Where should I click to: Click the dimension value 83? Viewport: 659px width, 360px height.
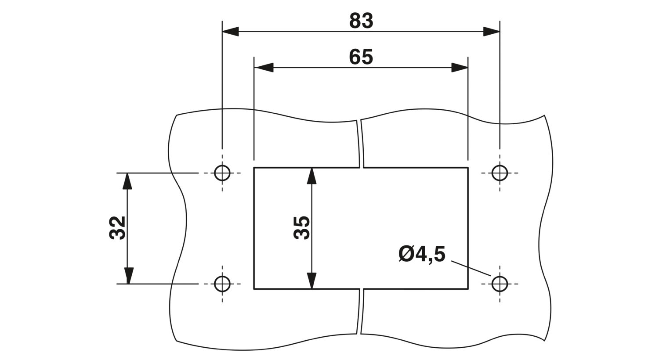click(361, 21)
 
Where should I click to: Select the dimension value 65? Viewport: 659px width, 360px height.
click(361, 57)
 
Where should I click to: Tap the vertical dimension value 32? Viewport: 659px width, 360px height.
click(118, 228)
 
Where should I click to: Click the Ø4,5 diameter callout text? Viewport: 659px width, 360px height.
click(422, 255)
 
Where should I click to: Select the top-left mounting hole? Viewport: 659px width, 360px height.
click(222, 173)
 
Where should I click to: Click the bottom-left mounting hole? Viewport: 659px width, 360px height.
click(222, 284)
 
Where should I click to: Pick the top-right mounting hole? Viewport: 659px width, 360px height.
click(500, 173)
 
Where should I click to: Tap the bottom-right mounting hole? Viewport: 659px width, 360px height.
click(500, 284)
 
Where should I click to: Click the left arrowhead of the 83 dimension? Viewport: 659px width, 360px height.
click(230, 32)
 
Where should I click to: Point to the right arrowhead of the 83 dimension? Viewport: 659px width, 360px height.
click(492, 32)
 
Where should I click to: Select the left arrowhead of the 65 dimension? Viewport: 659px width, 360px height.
click(264, 68)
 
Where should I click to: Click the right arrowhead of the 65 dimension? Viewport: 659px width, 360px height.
click(459, 68)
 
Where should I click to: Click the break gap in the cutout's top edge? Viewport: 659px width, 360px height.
click(361, 167)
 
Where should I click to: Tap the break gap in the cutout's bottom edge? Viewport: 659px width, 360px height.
click(361, 289)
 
